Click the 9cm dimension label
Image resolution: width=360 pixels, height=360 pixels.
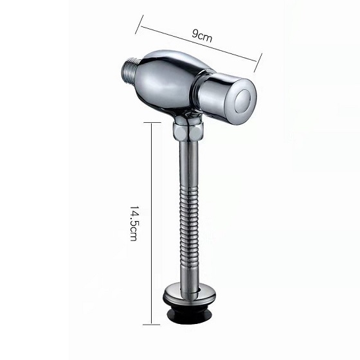pos(202,36)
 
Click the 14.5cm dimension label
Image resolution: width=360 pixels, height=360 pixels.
pos(134,222)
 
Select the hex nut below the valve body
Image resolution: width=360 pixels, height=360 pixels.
pos(188,132)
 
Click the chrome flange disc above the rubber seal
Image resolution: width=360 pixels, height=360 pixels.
pos(190,293)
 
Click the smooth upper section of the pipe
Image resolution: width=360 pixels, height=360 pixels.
pos(188,163)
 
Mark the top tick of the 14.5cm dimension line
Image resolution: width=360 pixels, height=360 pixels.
pos(152,123)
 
